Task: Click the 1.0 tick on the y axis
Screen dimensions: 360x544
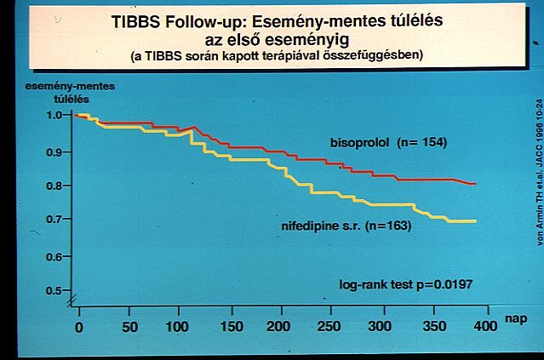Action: (54, 114)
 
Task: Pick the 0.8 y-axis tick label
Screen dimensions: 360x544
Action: (54, 185)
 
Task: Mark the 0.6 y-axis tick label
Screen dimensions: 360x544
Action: (54, 255)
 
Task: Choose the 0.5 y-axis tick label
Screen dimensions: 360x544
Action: (54, 290)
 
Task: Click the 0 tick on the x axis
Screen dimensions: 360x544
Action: (78, 327)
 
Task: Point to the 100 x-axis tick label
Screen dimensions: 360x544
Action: (180, 327)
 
